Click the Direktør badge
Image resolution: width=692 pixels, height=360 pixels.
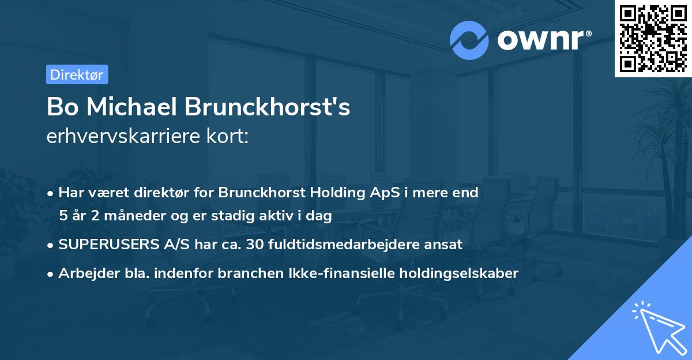pos(77,74)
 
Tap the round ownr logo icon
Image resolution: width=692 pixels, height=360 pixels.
pos(469,40)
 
